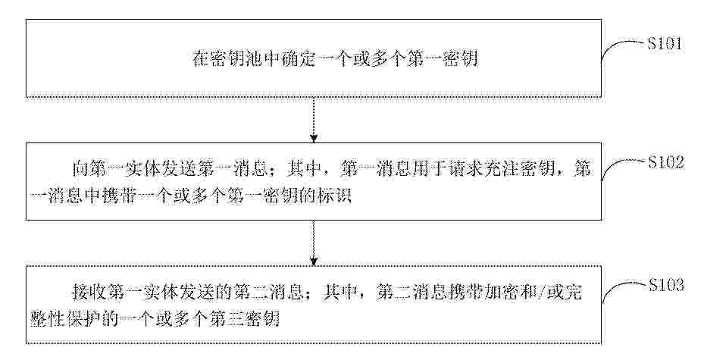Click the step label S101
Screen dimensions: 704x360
tap(665, 44)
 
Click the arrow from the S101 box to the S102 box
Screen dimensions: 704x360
tap(314, 120)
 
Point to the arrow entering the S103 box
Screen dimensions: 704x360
tap(314, 243)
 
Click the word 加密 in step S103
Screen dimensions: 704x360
tap(502, 293)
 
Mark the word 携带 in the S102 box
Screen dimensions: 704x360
tap(118, 197)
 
